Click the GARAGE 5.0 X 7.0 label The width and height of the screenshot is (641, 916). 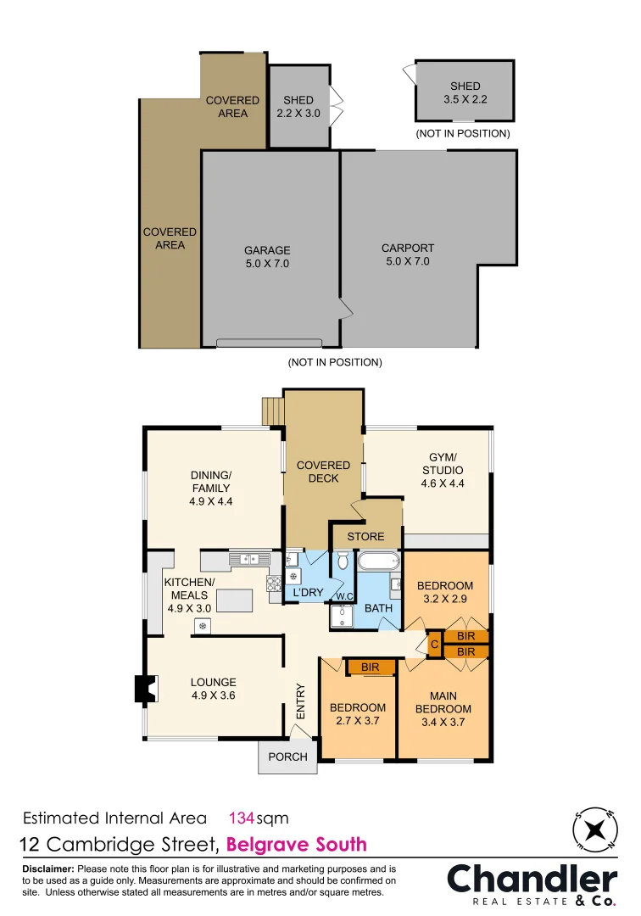(267, 256)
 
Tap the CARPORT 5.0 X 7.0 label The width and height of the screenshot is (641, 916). (407, 254)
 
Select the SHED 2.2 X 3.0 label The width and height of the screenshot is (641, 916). (298, 106)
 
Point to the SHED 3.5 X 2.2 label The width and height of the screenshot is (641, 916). (465, 92)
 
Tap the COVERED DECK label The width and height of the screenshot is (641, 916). (323, 472)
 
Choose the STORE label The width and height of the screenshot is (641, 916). (365, 536)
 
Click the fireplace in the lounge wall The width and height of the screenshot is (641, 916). (145, 688)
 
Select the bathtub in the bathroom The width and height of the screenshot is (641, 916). (378, 561)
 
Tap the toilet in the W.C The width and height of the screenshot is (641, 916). (343, 560)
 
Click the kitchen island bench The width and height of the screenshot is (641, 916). (235, 600)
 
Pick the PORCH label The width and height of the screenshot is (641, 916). (287, 757)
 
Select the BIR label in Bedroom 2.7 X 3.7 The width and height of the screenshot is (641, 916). (370, 668)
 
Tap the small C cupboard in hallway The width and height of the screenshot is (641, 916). (433, 644)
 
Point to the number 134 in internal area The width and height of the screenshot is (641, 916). (242, 818)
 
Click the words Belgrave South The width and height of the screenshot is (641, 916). (298, 844)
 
